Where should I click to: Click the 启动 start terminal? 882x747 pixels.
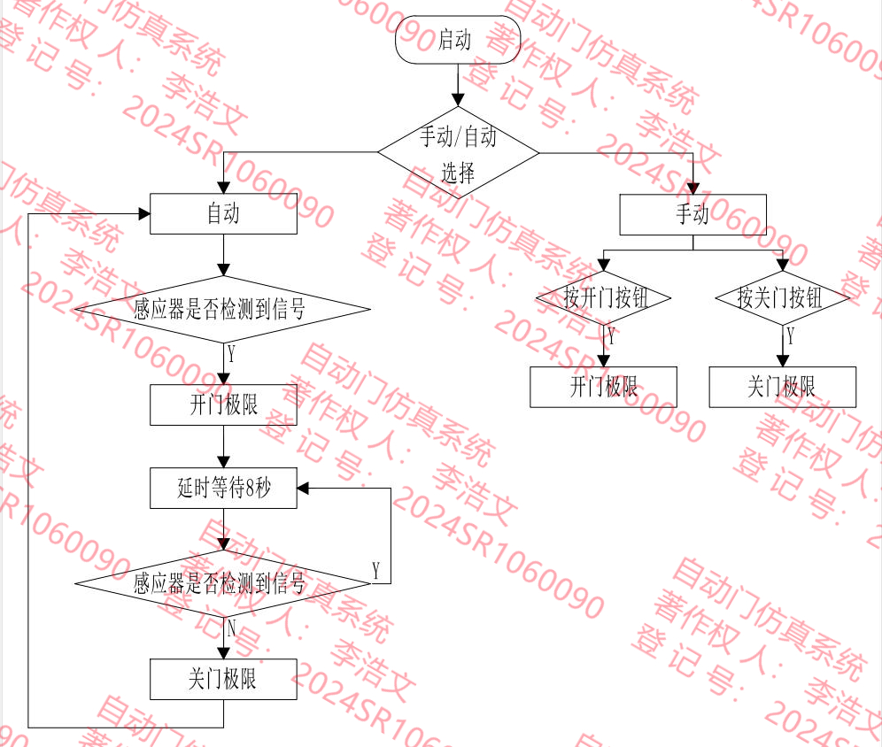457,40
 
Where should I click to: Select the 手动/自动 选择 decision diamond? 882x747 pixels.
458,152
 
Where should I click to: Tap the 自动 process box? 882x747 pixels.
223,213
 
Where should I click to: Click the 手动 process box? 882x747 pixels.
692,214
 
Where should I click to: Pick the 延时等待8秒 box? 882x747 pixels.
223,488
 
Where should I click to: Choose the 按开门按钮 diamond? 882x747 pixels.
604,297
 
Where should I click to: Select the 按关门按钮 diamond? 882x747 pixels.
782,297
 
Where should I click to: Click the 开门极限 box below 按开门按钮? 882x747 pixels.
603,387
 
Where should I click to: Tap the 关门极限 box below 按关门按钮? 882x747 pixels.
782,387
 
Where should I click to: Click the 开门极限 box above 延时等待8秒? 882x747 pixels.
223,405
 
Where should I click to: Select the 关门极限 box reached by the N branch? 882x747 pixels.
223,679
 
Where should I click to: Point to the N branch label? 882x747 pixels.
231,628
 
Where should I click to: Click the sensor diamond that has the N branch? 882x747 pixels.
221,583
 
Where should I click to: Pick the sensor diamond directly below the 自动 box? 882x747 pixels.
221,310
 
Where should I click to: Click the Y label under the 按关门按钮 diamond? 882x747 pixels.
790,336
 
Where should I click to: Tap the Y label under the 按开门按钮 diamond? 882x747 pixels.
611,336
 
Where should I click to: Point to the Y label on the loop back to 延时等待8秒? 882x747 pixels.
376,571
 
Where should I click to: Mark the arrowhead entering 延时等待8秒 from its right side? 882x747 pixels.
303,488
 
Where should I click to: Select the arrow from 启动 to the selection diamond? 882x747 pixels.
458,85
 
